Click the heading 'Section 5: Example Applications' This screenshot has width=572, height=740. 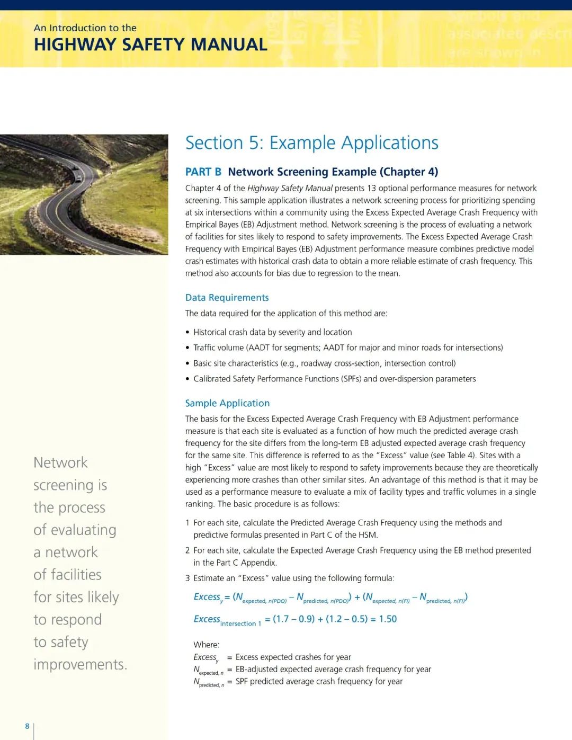(311, 143)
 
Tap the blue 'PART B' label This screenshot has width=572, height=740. (203, 172)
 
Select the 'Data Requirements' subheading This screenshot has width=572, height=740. (227, 298)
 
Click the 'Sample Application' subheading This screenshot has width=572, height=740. (227, 403)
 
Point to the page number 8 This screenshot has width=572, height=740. (27, 726)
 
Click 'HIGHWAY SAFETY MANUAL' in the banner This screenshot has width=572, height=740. (150, 44)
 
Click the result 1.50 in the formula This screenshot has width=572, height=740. (388, 619)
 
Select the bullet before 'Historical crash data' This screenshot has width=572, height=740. (187, 333)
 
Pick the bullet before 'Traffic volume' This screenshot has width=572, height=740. (187, 348)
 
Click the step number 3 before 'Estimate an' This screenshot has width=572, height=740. (187, 578)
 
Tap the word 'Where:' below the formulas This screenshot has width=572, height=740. (207, 645)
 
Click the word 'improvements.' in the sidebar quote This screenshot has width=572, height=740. (80, 664)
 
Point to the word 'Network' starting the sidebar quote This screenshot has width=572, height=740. (60, 462)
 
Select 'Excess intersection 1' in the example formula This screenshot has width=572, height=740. (227, 620)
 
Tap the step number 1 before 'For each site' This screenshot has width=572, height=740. (187, 523)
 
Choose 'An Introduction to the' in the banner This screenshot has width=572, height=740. (85, 28)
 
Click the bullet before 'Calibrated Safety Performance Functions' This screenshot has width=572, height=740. (187, 379)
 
